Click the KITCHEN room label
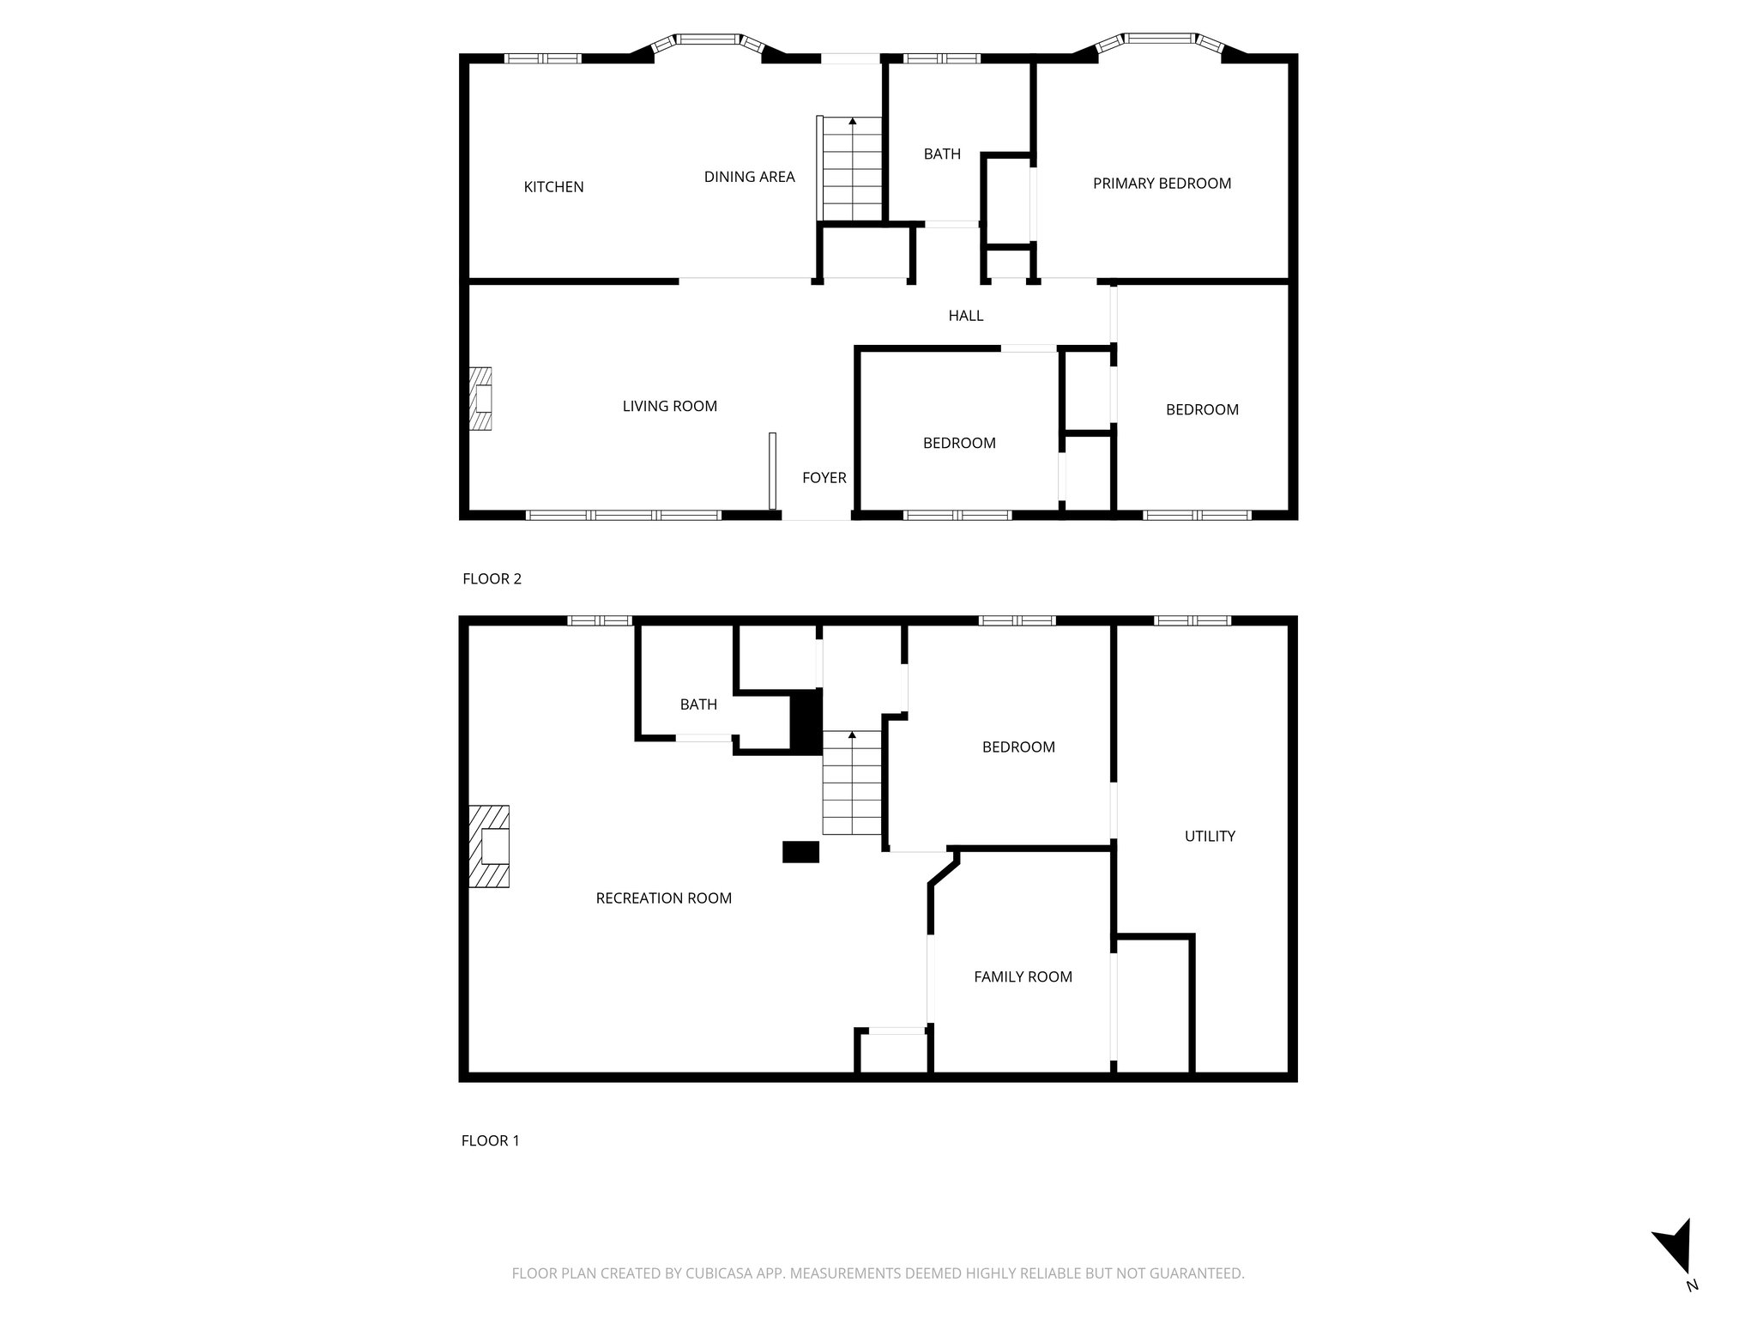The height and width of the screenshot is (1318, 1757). tap(553, 187)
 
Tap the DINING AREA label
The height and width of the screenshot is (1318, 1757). tap(749, 177)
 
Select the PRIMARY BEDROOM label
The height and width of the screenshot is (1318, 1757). tap(1162, 183)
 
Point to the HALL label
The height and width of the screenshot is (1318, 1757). tap(965, 316)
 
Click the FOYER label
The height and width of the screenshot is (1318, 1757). tap(824, 478)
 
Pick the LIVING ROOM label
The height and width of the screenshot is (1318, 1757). tap(669, 406)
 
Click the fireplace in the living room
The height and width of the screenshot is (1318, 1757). tap(481, 399)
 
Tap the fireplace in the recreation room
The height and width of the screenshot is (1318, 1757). tap(490, 846)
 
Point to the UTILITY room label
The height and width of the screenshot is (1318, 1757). tap(1210, 836)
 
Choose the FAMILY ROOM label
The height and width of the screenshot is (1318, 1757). tap(1023, 976)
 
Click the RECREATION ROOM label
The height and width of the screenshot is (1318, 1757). tap(663, 898)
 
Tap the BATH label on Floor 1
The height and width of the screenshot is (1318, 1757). tap(698, 704)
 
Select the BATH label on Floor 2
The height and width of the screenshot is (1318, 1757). tap(942, 154)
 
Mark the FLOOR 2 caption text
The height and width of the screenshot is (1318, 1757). tap(492, 578)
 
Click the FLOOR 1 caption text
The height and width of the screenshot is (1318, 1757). tap(490, 1140)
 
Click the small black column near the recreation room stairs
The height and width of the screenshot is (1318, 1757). tap(800, 851)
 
